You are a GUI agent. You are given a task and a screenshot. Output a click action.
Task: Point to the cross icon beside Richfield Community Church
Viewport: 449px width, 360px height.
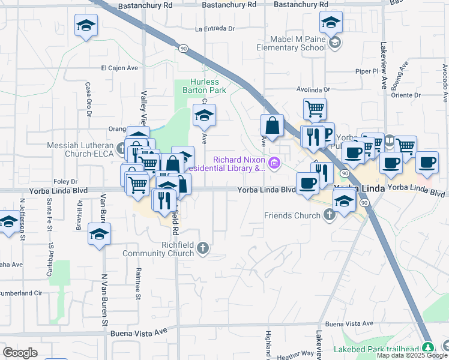204,248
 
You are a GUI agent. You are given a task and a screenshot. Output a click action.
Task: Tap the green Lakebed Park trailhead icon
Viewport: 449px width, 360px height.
427,347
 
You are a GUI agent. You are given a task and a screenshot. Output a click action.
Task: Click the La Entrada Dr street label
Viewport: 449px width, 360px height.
214,28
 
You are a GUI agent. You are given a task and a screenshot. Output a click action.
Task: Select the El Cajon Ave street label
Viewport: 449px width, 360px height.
119,68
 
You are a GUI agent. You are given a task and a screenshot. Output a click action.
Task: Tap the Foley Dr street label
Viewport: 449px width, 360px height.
65,181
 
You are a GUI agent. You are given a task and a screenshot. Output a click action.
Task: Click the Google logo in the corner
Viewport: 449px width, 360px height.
20,352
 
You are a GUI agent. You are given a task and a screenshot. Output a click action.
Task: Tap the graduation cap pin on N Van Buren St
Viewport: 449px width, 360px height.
99,233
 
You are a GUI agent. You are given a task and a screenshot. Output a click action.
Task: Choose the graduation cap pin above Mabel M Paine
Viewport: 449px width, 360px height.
331,23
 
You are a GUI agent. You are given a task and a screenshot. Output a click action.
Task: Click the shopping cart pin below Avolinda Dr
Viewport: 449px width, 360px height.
314,109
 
